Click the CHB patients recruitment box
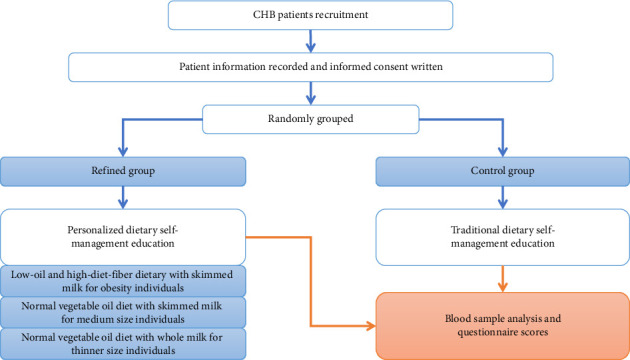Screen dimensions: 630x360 (310, 15)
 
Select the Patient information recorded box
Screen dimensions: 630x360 (311, 67)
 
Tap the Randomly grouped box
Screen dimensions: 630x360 (311, 119)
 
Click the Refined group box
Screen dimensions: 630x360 (123, 172)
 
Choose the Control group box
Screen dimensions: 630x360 (503, 172)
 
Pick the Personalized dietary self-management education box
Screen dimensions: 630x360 (123, 237)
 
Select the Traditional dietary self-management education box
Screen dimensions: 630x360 (503, 237)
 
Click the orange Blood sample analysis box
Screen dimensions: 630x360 (503, 326)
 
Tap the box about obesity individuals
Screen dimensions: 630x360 (123, 281)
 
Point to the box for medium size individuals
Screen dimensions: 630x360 (123, 313)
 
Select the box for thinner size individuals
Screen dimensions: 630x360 (123, 344)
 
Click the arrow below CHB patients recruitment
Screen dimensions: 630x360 (311, 41)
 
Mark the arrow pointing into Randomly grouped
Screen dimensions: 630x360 (311, 93)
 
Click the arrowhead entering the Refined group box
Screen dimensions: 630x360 (123, 152)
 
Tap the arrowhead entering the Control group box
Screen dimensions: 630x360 (503, 152)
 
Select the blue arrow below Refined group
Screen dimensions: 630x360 (123, 198)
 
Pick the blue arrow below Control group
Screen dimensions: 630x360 (503, 198)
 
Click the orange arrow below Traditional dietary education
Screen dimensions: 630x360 (503, 279)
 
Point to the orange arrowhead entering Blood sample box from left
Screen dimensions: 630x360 (371, 326)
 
